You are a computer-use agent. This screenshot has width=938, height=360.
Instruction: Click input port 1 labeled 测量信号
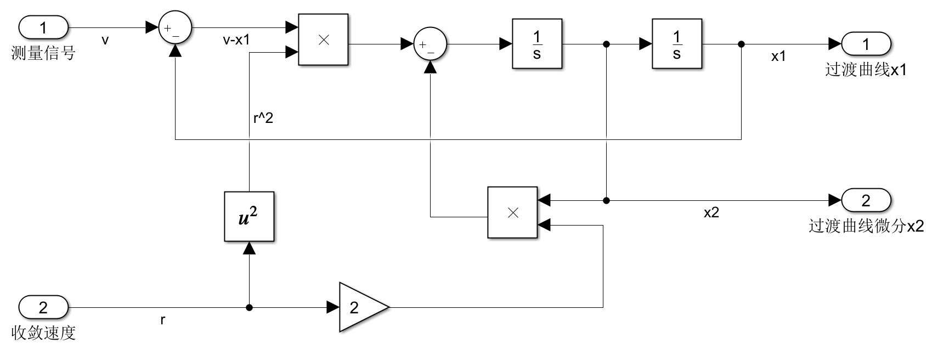(43, 27)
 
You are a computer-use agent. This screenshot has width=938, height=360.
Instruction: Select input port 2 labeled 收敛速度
(43, 307)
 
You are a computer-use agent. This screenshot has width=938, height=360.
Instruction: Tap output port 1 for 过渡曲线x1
(866, 44)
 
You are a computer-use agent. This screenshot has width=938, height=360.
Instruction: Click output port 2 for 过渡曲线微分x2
(866, 200)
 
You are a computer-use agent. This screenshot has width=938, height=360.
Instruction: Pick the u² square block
(249, 217)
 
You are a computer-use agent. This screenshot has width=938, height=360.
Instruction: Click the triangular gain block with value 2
(360, 307)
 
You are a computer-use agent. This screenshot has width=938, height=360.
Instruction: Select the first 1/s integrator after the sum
(537, 44)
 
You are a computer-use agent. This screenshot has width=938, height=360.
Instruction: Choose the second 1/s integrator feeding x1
(677, 44)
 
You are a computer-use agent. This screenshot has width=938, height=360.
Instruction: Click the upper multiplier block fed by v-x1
(324, 40)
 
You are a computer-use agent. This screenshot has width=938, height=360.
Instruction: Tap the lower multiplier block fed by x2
(512, 213)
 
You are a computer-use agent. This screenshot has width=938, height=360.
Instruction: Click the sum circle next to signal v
(175, 27)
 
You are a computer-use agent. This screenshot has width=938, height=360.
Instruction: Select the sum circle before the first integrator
(430, 44)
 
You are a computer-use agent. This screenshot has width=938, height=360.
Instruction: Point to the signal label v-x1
(236, 40)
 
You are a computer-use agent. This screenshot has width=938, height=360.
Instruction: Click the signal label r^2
(263, 118)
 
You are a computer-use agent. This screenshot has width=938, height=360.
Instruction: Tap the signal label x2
(711, 213)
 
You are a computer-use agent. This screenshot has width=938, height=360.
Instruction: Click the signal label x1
(778, 56)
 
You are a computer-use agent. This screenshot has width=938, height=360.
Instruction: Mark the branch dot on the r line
(249, 307)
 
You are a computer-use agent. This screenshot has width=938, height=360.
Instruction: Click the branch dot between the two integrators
(606, 44)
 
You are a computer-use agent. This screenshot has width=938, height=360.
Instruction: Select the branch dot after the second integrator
(741, 44)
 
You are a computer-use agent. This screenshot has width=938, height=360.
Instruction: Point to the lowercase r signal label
(163, 320)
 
